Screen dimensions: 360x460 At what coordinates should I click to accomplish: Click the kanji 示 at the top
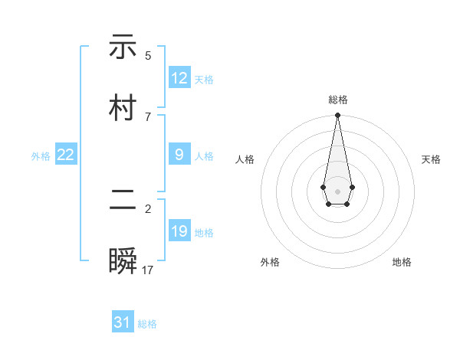click(x=123, y=47)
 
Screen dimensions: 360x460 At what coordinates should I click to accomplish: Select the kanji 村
click(x=123, y=108)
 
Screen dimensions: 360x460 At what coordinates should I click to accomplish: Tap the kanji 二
click(x=123, y=201)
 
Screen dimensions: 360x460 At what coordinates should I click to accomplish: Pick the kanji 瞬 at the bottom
click(x=123, y=261)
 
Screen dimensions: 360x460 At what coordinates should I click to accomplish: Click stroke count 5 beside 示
click(x=148, y=55)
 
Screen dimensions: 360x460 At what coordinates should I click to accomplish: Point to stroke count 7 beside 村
click(x=148, y=116)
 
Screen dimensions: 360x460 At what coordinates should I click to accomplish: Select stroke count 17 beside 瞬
click(x=148, y=270)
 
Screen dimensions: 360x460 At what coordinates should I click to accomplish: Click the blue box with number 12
click(x=179, y=78)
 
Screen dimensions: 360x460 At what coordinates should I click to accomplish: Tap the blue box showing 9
click(x=179, y=155)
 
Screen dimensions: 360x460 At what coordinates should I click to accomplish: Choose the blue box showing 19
click(x=179, y=231)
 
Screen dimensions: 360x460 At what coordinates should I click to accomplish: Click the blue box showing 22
click(x=66, y=155)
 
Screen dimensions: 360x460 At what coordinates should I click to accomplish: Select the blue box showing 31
click(x=123, y=322)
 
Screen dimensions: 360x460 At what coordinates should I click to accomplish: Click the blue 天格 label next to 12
click(x=204, y=80)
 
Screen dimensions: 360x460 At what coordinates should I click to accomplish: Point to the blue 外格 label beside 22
click(x=41, y=156)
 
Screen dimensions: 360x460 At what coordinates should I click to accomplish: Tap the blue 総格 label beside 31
click(x=147, y=324)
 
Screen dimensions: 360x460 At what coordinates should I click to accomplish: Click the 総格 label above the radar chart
click(x=338, y=100)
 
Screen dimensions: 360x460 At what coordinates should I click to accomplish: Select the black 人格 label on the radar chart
click(x=245, y=159)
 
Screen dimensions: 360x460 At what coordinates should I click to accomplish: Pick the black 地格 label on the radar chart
click(x=402, y=262)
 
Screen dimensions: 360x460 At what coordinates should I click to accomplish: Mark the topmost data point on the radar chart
click(x=337, y=115)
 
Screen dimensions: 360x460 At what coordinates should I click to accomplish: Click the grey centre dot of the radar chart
click(x=337, y=190)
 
